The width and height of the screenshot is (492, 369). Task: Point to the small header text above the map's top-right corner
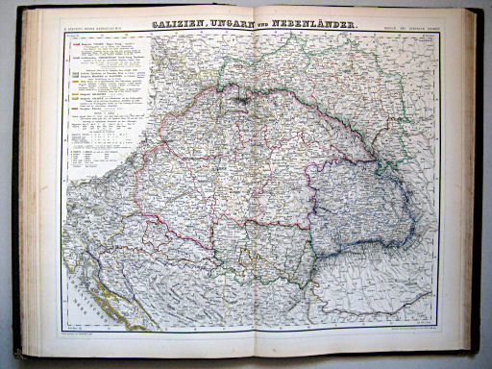tap(413, 29)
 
